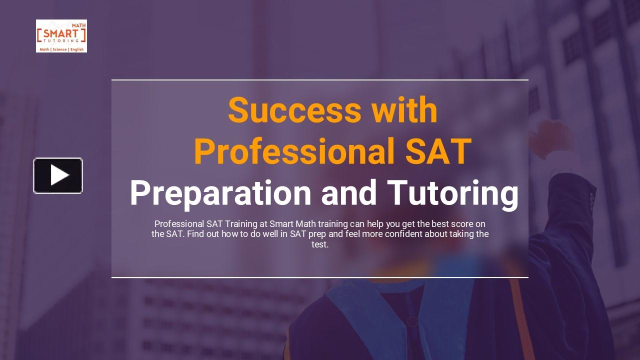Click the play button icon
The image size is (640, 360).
pos(58,175)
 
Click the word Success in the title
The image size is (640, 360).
pos(294,110)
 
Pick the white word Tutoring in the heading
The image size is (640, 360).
pos(452,193)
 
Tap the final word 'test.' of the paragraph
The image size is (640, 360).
pos(320,245)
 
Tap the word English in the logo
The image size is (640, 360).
pos(77,49)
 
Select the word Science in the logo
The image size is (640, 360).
pos(59,49)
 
